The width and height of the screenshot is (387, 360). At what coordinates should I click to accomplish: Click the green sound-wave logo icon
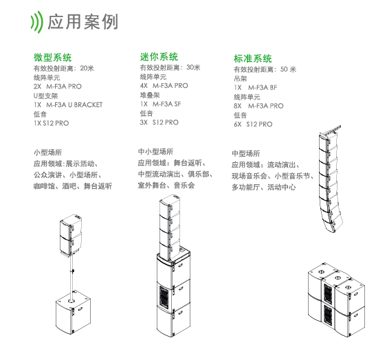36,22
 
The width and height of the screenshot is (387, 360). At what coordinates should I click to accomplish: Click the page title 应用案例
82,22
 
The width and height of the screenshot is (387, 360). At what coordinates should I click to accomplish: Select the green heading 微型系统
52,57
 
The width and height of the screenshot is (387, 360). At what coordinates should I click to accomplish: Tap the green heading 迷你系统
159,56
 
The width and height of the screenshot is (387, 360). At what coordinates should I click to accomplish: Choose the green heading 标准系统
253,58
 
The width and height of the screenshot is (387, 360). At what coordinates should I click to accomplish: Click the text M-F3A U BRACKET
74,105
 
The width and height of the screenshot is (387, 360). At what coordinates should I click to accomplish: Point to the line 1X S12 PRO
52,123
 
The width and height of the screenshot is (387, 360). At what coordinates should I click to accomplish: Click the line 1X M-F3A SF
160,104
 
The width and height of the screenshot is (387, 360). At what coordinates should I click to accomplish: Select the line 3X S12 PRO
159,122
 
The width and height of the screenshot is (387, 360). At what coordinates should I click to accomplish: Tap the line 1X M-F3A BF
256,87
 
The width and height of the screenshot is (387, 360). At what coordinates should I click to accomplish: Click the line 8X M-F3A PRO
258,106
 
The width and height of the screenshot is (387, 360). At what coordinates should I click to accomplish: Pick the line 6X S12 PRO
253,124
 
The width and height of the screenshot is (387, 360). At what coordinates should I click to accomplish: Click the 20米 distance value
87,68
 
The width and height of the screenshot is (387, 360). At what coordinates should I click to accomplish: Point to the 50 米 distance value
288,69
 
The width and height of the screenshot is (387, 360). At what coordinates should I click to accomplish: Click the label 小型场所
48,153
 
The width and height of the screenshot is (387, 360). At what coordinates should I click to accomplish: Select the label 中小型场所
156,152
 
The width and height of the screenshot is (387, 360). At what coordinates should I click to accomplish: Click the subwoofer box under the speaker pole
73,312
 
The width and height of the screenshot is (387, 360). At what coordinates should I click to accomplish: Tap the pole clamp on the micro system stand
73,271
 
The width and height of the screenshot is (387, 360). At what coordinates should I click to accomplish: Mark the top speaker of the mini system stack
170,205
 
